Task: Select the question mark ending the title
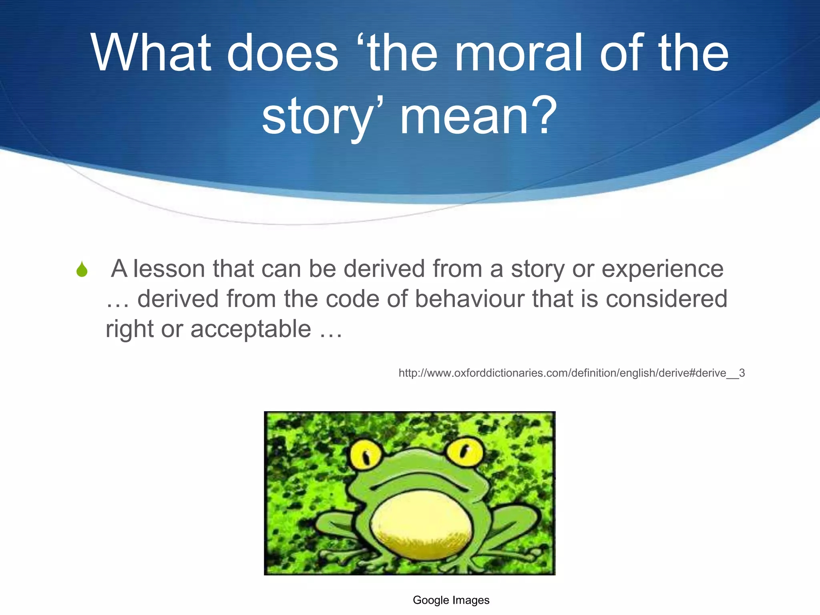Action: (543, 116)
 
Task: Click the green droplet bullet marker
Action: (82, 269)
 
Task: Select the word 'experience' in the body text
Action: (663, 269)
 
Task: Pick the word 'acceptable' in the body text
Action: (251, 329)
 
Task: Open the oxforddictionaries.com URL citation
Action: (571, 373)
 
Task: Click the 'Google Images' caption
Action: (451, 600)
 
